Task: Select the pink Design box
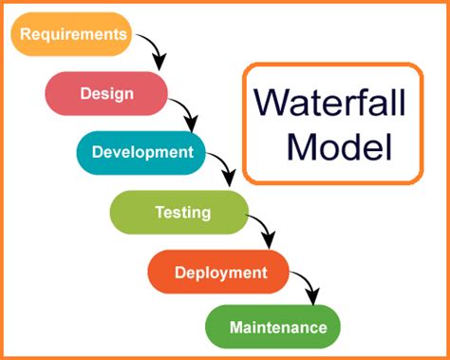106,93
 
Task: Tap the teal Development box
141,152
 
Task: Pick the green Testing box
180,211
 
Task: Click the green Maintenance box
272,328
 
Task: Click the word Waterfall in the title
331,102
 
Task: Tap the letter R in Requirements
25,35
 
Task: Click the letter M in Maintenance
235,328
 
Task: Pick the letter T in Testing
159,211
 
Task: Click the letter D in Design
84,93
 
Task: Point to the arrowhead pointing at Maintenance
311,297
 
